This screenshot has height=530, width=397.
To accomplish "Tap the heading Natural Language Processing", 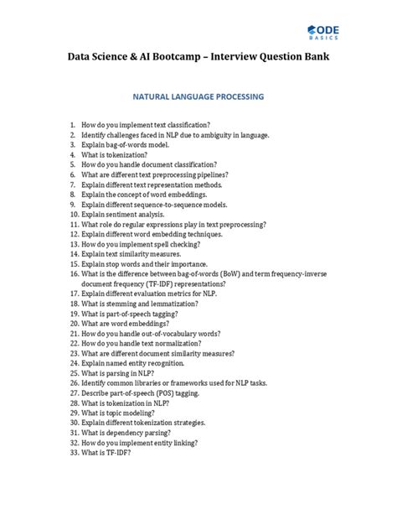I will (198, 96).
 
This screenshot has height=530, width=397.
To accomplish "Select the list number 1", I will (73, 123).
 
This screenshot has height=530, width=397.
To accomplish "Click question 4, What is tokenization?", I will (114, 154).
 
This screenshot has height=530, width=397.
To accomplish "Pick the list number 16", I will (74, 274).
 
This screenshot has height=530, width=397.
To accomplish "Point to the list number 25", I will (74, 373).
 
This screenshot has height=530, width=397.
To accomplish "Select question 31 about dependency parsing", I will (127, 433).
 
